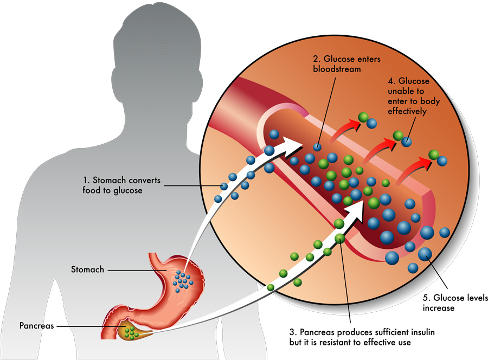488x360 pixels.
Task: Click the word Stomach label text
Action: [87, 269]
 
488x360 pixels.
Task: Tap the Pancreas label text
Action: [36, 326]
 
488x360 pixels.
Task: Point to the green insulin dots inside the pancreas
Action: [129, 330]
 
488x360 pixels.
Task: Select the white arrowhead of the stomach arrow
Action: [293, 144]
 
